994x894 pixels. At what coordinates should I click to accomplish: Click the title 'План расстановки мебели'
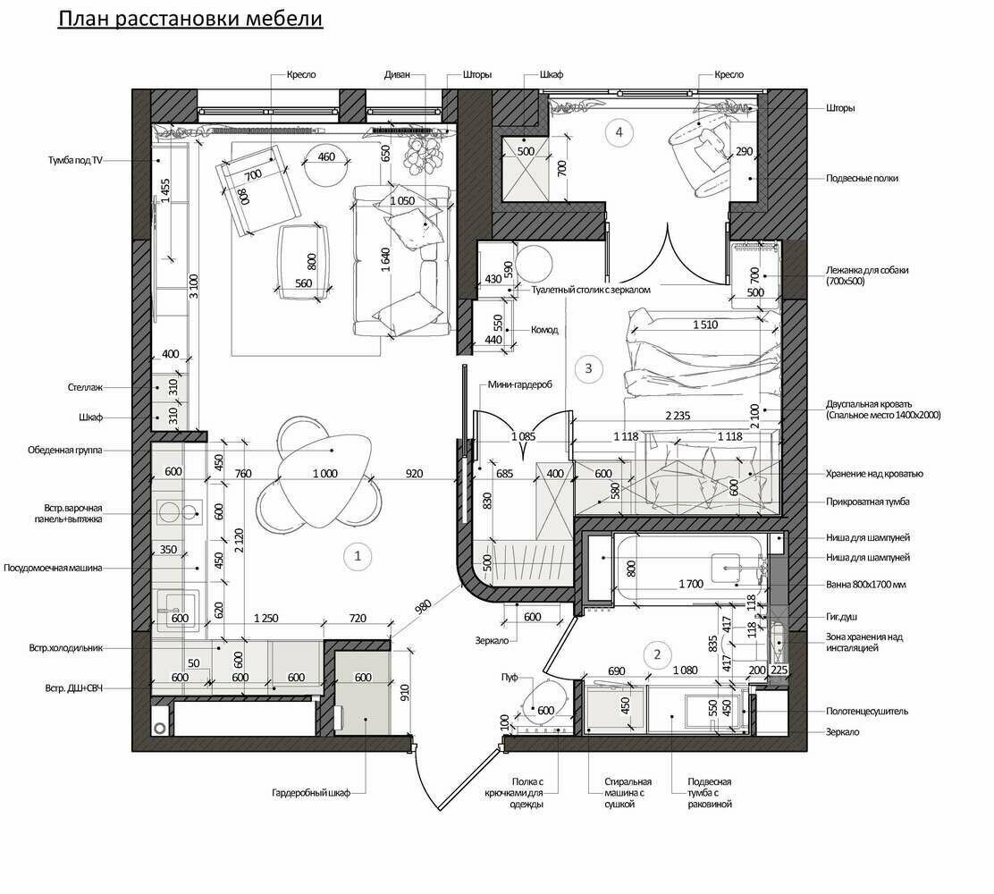190,19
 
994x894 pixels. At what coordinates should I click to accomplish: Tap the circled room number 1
358,556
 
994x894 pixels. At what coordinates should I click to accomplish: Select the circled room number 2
657,654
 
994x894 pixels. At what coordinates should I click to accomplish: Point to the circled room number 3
588,367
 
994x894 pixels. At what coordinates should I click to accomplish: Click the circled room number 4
619,132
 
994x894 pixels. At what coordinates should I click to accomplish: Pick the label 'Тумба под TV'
75,160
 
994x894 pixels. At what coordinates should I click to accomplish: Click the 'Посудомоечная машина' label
53,568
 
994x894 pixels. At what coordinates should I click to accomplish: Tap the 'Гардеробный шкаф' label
311,793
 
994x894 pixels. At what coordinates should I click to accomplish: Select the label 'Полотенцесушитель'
866,712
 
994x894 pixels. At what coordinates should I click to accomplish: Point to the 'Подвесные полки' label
862,178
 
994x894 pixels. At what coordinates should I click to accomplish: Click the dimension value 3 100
194,286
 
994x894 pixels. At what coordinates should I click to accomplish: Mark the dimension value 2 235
678,416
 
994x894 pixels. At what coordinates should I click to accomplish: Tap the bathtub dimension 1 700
691,584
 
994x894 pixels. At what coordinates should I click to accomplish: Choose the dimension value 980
423,607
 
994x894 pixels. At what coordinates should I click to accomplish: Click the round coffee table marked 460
326,163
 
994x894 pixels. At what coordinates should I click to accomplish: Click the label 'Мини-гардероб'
520,384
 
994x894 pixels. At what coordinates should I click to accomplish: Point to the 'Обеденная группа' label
64,451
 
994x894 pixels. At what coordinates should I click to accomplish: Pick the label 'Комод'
544,330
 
